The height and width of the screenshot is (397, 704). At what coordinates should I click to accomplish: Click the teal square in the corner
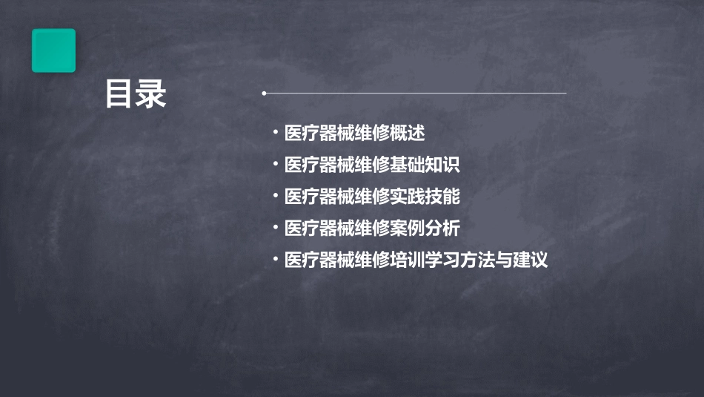pos(53,50)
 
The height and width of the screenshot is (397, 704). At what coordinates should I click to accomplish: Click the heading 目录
pos(136,95)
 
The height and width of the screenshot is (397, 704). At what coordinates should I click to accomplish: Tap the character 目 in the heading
pos(119,95)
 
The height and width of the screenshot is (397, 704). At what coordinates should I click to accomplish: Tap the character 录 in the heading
pos(152,95)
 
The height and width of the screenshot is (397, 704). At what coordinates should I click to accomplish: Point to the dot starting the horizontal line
pos(265,93)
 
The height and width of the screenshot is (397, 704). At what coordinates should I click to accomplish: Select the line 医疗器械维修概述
pos(354,134)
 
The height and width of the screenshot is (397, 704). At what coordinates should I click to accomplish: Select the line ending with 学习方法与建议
pos(416,260)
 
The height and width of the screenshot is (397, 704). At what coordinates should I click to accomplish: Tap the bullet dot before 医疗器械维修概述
pos(276,134)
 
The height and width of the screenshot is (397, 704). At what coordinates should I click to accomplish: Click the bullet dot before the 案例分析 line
pos(276,228)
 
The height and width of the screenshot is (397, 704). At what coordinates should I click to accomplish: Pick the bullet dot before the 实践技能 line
pos(276,196)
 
